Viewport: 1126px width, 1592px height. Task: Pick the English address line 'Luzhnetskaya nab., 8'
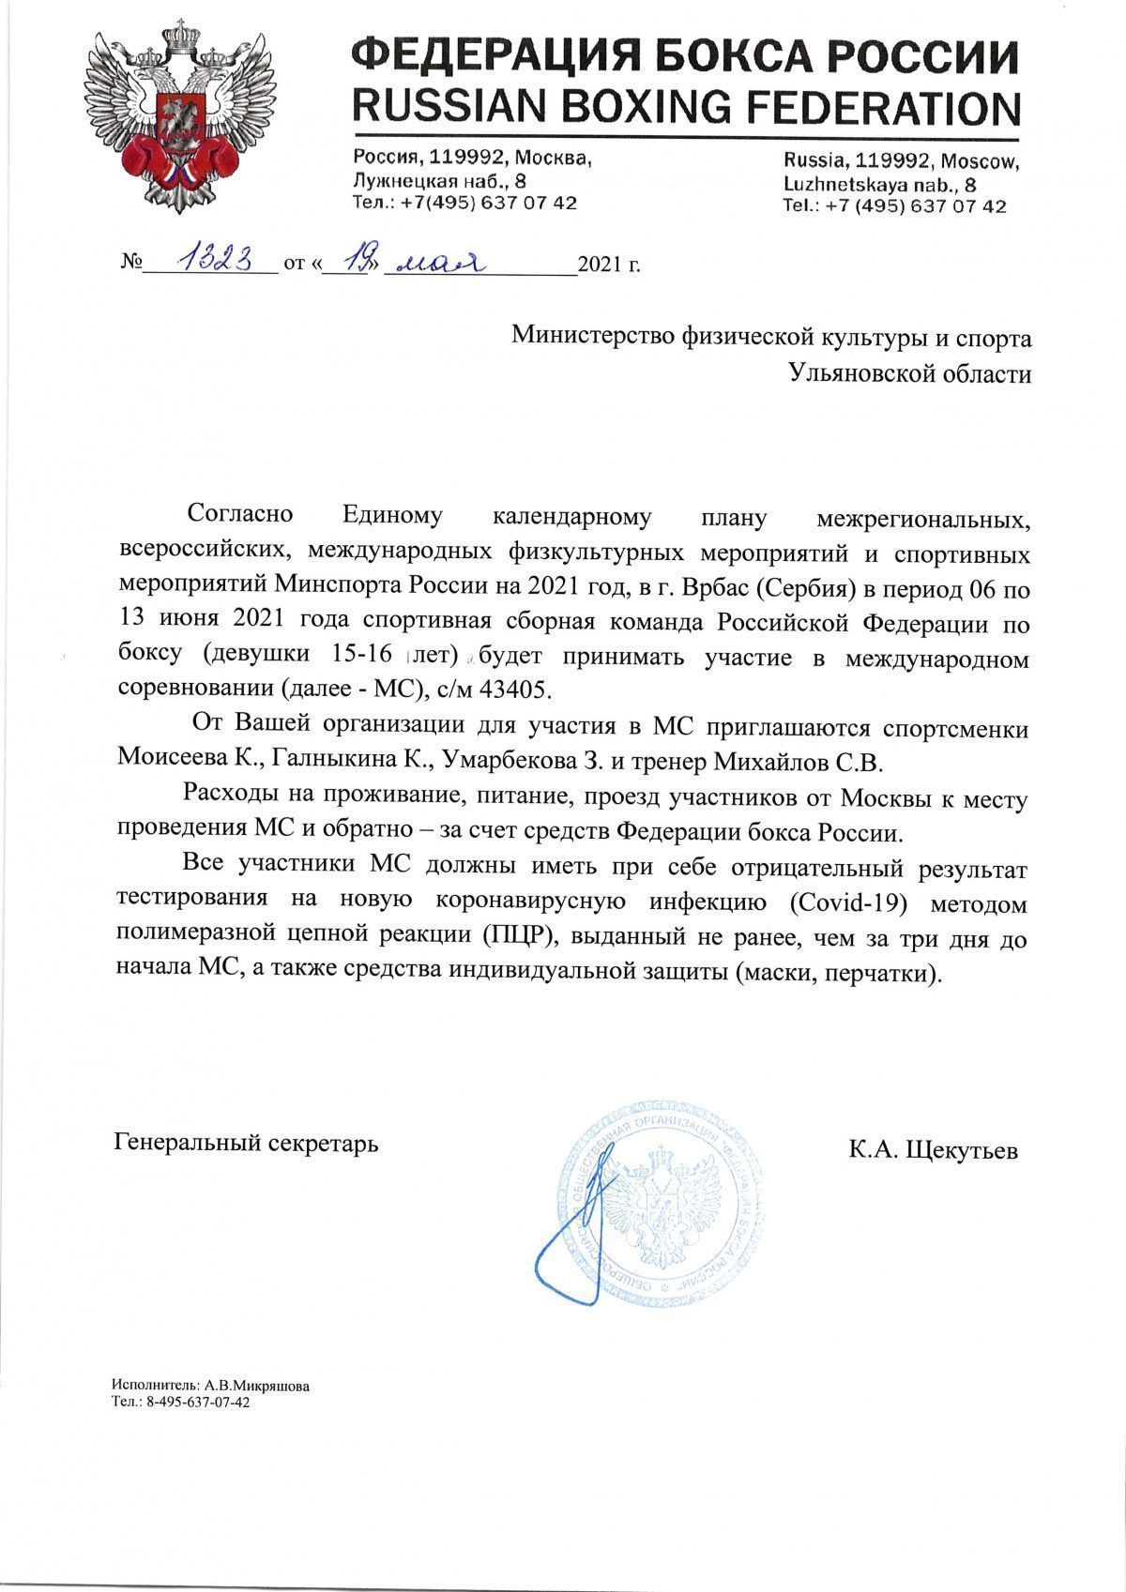[x=880, y=184]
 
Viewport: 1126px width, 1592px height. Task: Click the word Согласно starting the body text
[x=241, y=514]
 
